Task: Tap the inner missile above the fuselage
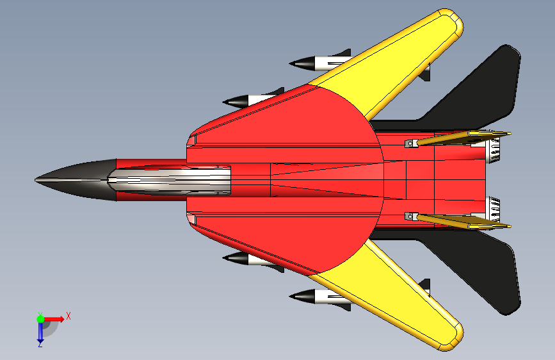tap(253, 100)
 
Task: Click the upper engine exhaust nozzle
tap(494, 150)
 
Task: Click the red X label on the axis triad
tap(68, 315)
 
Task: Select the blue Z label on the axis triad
tap(40, 344)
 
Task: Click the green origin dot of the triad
tap(40, 318)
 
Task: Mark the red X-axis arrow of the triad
tap(54, 318)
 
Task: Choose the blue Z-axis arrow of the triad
tap(40, 331)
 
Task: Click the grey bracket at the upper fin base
tap(410, 143)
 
